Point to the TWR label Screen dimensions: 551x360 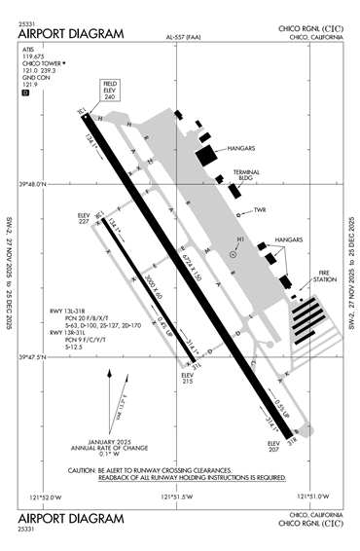click(260, 209)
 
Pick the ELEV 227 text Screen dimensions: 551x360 click(89, 218)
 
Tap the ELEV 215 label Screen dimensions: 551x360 click(188, 376)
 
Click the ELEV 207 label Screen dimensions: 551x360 click(273, 445)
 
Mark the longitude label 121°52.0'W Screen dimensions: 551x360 click(45, 496)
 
